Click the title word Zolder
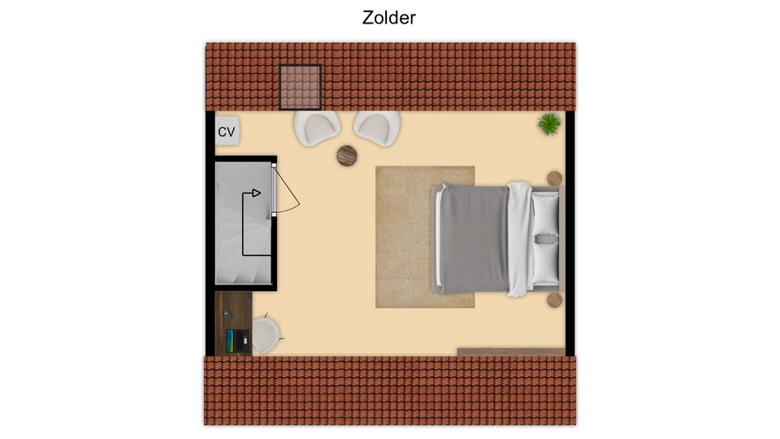pyautogui.click(x=388, y=17)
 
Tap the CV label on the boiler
pyautogui.click(x=227, y=132)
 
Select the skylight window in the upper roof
pyautogui.click(x=300, y=87)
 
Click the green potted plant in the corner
pyautogui.click(x=549, y=124)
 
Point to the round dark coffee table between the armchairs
pyautogui.click(x=347, y=156)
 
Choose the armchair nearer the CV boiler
pyautogui.click(x=317, y=128)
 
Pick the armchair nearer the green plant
pyautogui.click(x=377, y=128)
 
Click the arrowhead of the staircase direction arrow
pyautogui.click(x=256, y=193)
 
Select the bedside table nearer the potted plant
pyautogui.click(x=555, y=178)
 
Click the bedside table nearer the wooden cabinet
pyautogui.click(x=555, y=300)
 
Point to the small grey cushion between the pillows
pyautogui.click(x=546, y=239)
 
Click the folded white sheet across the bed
pyautogui.click(x=520, y=239)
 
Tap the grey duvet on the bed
pyautogui.click(x=474, y=239)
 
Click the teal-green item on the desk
pyautogui.click(x=230, y=341)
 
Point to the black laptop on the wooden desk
pyautogui.click(x=241, y=341)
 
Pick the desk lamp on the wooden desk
pyautogui.click(x=227, y=314)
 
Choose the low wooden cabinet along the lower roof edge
pyautogui.click(x=511, y=352)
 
